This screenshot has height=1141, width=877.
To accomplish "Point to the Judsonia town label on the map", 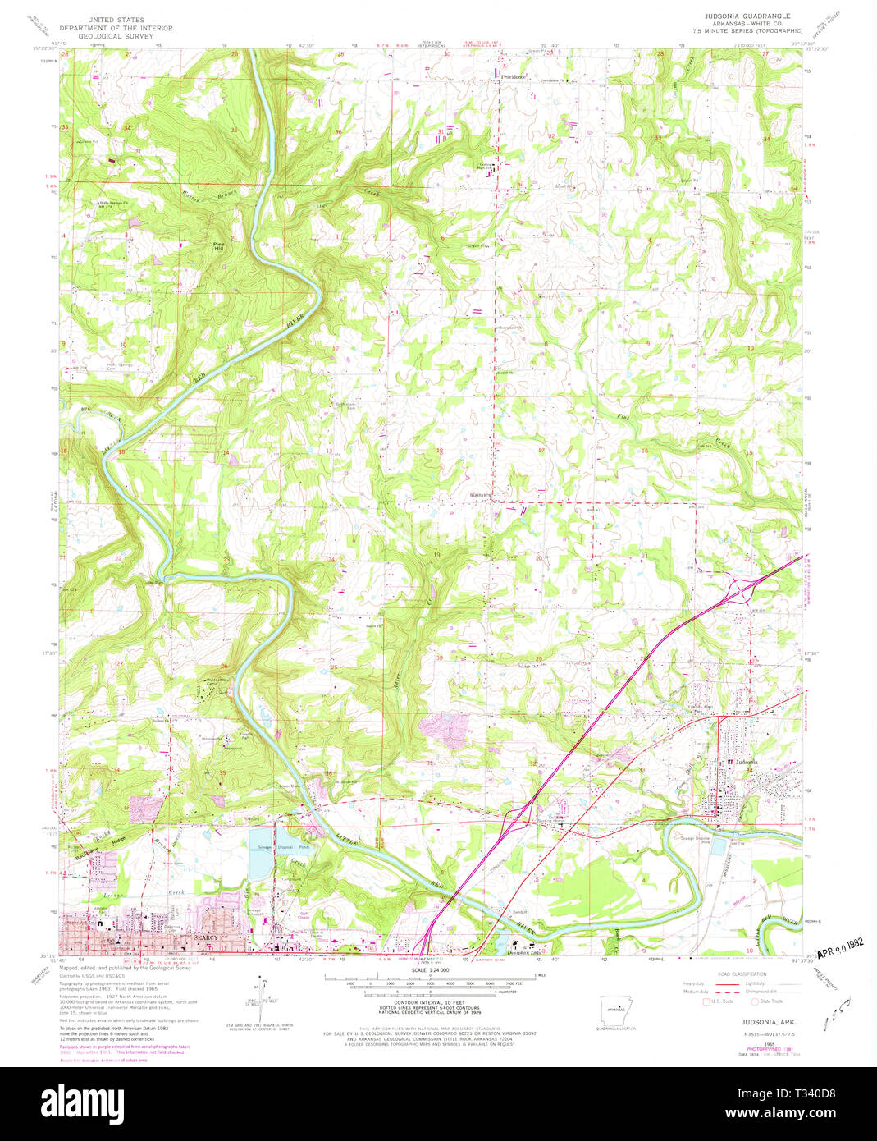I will pyautogui.click(x=748, y=763).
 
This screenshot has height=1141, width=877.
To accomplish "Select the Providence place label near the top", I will pyautogui.click(x=514, y=77).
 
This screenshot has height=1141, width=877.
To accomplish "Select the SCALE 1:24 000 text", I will pyautogui.click(x=429, y=970).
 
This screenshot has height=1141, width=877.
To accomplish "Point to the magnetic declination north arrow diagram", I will pyautogui.click(x=263, y=997).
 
